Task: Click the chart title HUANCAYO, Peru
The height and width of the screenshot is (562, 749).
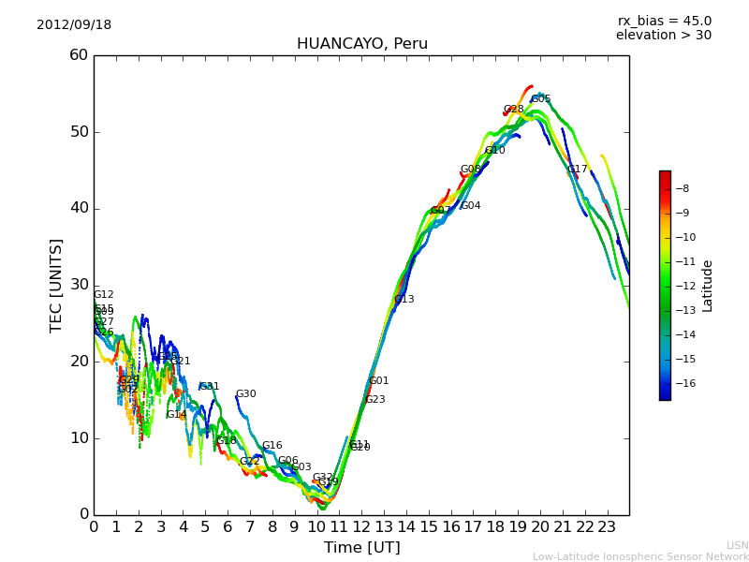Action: [361, 44]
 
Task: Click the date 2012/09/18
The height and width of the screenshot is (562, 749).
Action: [74, 24]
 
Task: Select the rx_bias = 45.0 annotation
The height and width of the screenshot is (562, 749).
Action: [664, 21]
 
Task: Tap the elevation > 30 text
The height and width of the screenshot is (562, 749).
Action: [663, 36]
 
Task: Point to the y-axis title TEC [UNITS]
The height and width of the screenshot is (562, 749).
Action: [56, 285]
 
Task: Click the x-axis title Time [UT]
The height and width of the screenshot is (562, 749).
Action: [361, 547]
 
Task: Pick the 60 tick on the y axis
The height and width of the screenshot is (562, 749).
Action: [79, 55]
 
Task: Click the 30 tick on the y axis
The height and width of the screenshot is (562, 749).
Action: [79, 285]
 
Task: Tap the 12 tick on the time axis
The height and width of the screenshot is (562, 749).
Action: [361, 526]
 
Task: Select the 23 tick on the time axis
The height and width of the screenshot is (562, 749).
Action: [607, 526]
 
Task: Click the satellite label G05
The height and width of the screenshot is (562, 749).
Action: [541, 99]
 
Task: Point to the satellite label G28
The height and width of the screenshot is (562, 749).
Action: [514, 110]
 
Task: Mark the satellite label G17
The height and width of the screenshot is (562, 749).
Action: [578, 170]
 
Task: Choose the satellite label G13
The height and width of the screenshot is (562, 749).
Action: [404, 300]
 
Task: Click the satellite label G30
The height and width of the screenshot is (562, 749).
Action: [245, 394]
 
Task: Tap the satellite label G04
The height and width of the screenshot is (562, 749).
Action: [470, 206]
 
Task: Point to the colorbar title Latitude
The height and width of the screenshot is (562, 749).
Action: [708, 286]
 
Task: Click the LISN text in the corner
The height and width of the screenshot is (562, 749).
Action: [737, 545]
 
